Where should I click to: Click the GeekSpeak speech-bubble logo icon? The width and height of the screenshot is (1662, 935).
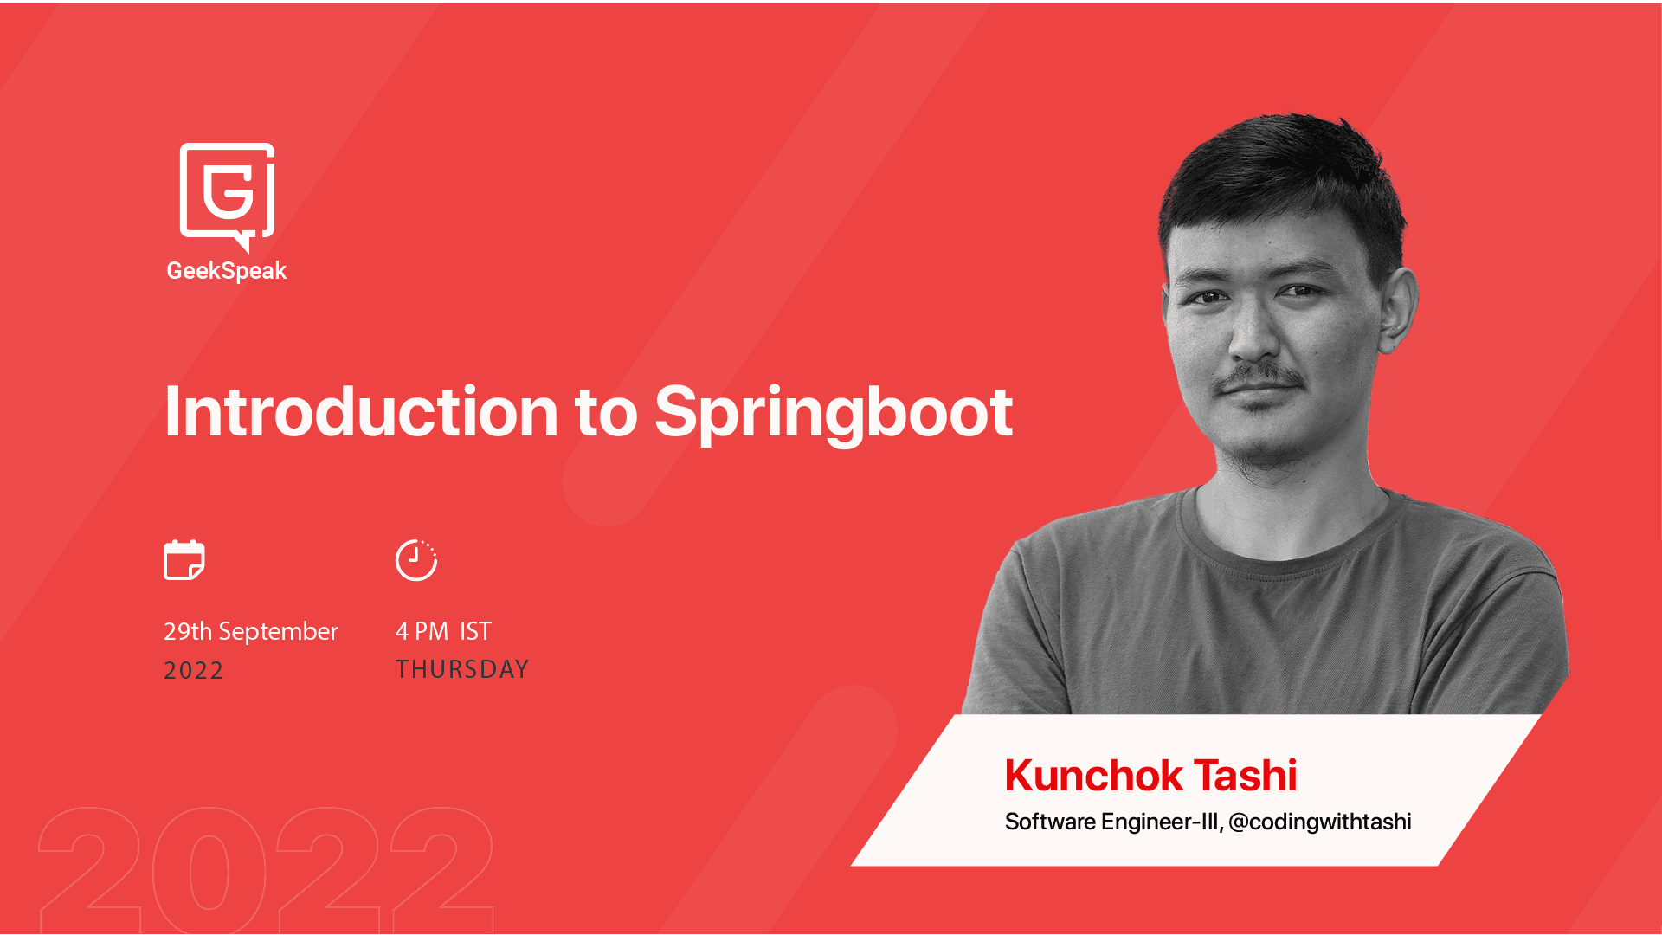227,196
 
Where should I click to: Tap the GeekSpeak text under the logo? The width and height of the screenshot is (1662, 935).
226,271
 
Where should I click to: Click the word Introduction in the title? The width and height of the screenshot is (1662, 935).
361,412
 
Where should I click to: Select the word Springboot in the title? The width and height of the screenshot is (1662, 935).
833,414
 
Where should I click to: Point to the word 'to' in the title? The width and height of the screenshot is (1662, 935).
606,414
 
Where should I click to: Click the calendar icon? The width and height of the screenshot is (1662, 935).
184,559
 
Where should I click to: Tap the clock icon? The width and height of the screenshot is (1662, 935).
416,560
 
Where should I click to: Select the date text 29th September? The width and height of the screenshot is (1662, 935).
250,632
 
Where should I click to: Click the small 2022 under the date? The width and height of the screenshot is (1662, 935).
193,670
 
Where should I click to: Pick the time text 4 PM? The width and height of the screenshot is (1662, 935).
422,631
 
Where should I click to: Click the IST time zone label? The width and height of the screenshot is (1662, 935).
475,631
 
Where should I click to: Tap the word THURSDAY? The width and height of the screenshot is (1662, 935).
461,669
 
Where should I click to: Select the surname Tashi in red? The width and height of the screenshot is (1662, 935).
1245,776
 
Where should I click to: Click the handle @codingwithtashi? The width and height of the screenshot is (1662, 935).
1319,822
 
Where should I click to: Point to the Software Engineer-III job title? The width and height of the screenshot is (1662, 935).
1111,822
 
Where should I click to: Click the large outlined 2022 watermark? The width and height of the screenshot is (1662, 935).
266,869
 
